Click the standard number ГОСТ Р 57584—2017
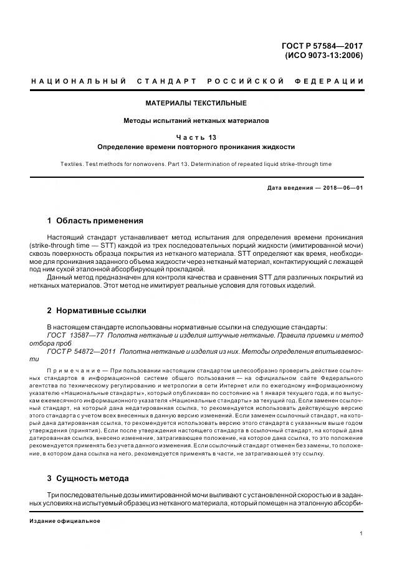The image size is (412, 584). (x=323, y=46)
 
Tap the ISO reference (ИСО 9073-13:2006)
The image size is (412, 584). (x=323, y=55)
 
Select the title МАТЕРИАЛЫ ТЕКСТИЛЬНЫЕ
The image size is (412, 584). (x=196, y=103)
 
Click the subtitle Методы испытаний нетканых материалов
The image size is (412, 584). (x=196, y=121)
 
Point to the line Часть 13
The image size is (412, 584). (x=196, y=137)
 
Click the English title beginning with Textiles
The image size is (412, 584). (x=196, y=164)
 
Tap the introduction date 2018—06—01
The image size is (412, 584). (x=340, y=188)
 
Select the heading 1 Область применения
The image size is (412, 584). (x=95, y=220)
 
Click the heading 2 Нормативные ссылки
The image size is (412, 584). (x=97, y=310)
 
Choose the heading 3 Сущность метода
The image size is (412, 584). (x=88, y=478)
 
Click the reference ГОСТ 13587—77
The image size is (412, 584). (x=75, y=335)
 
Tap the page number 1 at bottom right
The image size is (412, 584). (x=362, y=533)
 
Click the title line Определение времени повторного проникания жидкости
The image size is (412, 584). (x=196, y=147)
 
